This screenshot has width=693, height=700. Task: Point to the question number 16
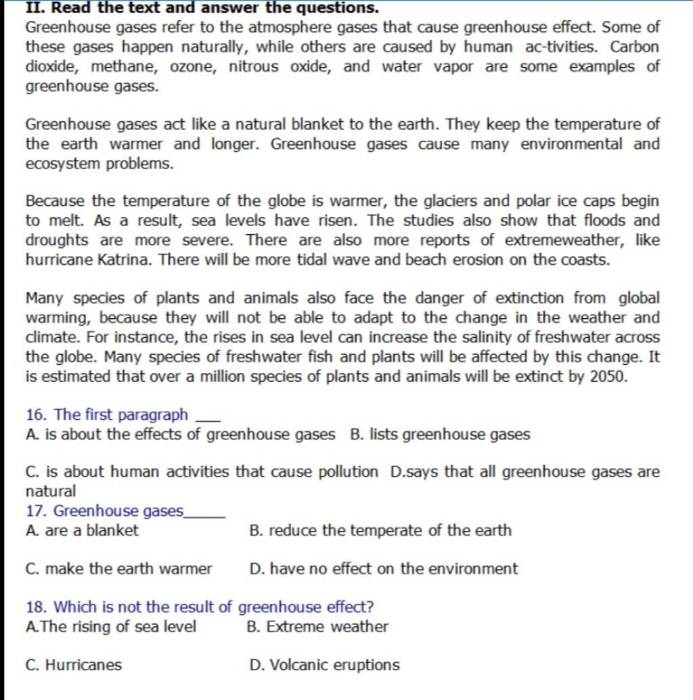35,414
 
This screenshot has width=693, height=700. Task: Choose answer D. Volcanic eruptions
325,665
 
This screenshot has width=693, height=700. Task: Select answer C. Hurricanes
74,665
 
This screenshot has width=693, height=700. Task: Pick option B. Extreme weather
318,627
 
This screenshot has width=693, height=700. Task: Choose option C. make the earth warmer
118,569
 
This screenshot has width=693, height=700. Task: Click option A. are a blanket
81,531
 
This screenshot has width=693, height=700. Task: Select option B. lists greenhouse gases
440,434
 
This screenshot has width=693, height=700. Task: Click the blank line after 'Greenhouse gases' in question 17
204,516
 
